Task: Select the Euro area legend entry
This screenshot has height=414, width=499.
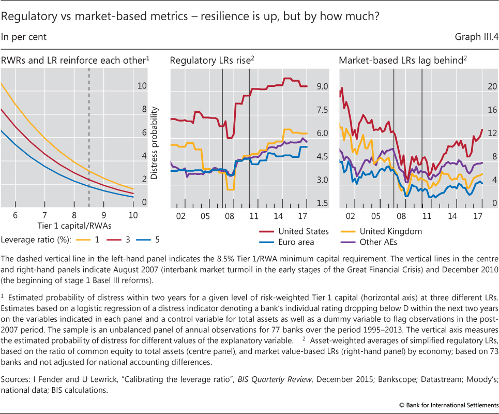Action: point(296,242)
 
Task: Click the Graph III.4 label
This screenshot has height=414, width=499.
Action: point(476,37)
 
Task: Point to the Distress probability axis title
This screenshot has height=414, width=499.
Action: point(154,143)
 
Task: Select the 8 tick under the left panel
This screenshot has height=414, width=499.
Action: point(74,215)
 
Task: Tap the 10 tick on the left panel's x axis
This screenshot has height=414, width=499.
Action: point(132,215)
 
